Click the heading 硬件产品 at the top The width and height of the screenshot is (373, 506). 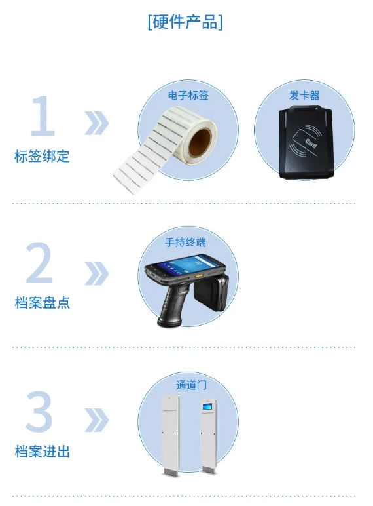[x=185, y=21]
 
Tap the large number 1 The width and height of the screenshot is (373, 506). [x=43, y=117]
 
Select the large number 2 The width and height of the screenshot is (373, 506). [x=40, y=264]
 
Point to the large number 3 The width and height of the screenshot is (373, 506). [x=39, y=413]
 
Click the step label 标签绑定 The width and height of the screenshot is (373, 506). [x=42, y=157]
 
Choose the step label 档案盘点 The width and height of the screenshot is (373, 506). [x=42, y=303]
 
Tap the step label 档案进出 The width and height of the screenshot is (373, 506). [x=42, y=452]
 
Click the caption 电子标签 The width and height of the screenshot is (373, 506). [x=188, y=95]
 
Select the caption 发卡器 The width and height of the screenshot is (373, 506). [x=304, y=95]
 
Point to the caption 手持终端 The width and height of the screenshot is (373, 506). [x=185, y=243]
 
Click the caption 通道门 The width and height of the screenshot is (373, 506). [x=191, y=385]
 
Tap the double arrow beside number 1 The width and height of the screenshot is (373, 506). [x=96, y=123]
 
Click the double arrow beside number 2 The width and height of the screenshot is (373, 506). [x=96, y=273]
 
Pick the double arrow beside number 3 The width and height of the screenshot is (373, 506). [x=96, y=420]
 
